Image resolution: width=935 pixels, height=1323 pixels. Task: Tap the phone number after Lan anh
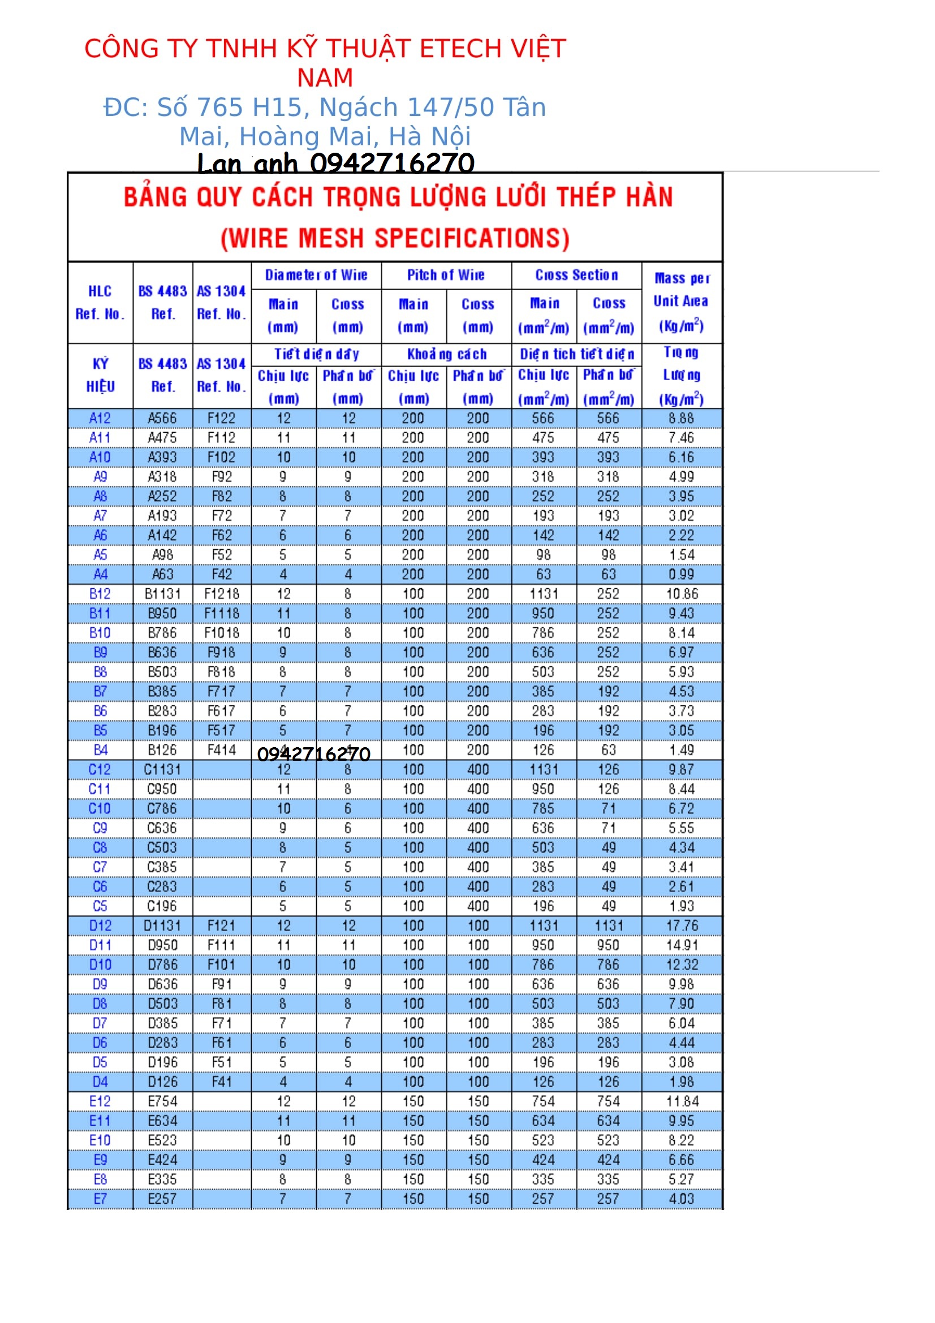coord(392,163)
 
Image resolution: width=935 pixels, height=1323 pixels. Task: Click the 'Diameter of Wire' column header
coord(316,275)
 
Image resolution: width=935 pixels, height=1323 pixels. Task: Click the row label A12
coord(100,419)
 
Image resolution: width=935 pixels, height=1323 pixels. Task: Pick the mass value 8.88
coord(681,419)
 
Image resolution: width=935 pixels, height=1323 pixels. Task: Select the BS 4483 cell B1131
coord(162,594)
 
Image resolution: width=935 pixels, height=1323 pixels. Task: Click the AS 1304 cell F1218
coord(222,594)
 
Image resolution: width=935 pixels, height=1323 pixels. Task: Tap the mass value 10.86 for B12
coord(682,594)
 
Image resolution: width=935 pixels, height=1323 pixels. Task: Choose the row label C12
coord(100,770)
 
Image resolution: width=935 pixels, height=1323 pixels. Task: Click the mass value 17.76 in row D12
coord(682,926)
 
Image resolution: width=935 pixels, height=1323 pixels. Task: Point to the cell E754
coord(162,1102)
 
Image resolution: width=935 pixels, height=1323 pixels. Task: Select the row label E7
coord(100,1199)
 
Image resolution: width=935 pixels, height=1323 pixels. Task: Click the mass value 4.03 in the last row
coord(681,1199)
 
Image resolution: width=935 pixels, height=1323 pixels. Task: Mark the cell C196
coord(162,906)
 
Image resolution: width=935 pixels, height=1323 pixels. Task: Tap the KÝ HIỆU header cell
coord(100,375)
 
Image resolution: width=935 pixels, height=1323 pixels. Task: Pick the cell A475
coord(162,438)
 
